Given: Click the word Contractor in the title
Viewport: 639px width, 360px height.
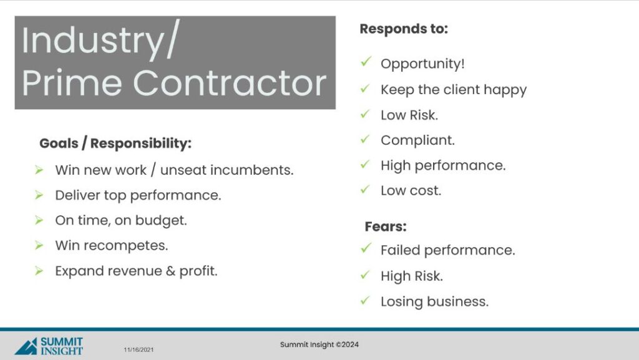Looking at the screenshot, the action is point(230,83).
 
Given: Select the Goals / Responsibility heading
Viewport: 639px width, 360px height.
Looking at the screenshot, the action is point(115,144).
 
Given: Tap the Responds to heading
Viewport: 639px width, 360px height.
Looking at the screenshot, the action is point(404,29).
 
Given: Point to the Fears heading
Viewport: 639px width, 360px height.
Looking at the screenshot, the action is point(386,226).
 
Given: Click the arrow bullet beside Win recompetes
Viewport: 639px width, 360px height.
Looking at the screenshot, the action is point(39,245).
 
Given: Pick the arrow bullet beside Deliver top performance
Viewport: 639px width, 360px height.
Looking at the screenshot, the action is point(39,195).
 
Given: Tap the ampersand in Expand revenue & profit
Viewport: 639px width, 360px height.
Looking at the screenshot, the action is point(170,271).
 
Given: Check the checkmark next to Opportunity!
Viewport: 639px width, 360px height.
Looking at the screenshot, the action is point(366,62).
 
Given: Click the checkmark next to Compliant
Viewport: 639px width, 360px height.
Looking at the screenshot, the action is point(365,139).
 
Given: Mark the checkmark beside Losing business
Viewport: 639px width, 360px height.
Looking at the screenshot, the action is point(365,300).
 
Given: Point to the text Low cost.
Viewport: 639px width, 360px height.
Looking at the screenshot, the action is point(411,190).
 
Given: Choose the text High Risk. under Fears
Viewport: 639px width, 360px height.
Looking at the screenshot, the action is point(412,276).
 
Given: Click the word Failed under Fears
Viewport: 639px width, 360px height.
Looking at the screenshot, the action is point(400,250).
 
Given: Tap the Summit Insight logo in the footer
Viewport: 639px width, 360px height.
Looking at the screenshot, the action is point(49,346).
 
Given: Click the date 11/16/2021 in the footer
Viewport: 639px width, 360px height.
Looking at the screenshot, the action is point(139,350).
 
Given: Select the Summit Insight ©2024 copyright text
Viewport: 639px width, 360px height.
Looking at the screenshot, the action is point(319,344).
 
